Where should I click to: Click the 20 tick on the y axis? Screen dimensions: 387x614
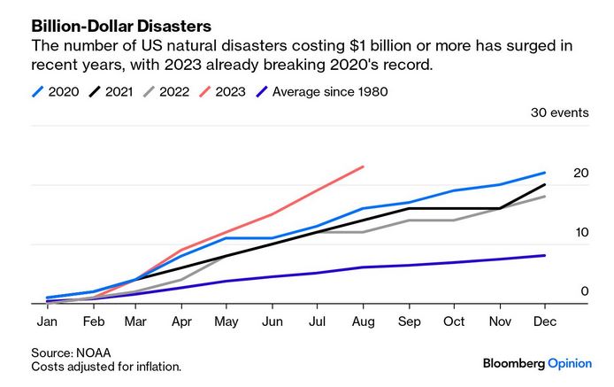pyautogui.click(x=580, y=173)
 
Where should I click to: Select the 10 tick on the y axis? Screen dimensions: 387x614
pyautogui.click(x=580, y=232)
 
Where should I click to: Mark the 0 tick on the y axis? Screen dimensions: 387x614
pyautogui.click(x=584, y=291)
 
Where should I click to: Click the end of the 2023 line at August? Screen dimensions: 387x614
pyautogui.click(x=364, y=166)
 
